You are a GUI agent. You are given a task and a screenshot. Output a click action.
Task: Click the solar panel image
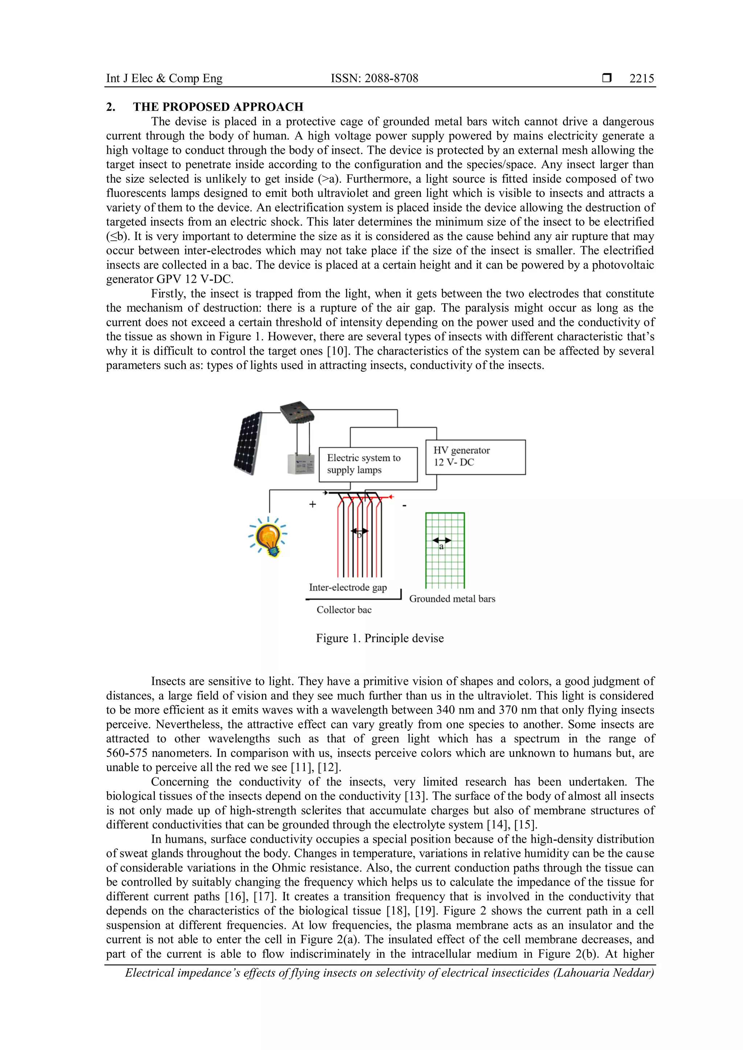click(249, 443)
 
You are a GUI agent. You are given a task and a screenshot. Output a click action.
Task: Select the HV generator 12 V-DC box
click(475, 457)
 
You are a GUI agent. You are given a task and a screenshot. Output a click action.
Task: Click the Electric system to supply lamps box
click(368, 464)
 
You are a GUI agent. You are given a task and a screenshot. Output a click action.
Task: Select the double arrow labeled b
click(359, 531)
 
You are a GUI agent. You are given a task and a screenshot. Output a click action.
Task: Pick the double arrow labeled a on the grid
click(442, 541)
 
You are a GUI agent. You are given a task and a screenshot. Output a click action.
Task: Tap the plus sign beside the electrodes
click(312, 504)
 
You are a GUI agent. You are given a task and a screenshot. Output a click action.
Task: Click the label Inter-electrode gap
click(348, 587)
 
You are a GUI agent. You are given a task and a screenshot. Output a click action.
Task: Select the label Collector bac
click(344, 609)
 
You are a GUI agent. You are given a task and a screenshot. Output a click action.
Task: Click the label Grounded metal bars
click(452, 599)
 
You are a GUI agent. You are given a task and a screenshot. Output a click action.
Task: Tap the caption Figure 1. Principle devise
click(380, 638)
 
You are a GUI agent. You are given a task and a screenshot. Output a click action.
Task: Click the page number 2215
click(641, 78)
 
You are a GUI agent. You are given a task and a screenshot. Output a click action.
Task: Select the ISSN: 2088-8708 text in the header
click(374, 78)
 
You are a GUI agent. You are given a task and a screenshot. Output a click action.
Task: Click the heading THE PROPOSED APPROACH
click(218, 107)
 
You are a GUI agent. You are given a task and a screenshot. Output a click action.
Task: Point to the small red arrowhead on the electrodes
click(390, 497)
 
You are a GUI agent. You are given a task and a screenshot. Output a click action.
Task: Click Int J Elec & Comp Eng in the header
click(164, 78)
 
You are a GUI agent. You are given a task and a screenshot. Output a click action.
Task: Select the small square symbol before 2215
click(607, 78)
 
